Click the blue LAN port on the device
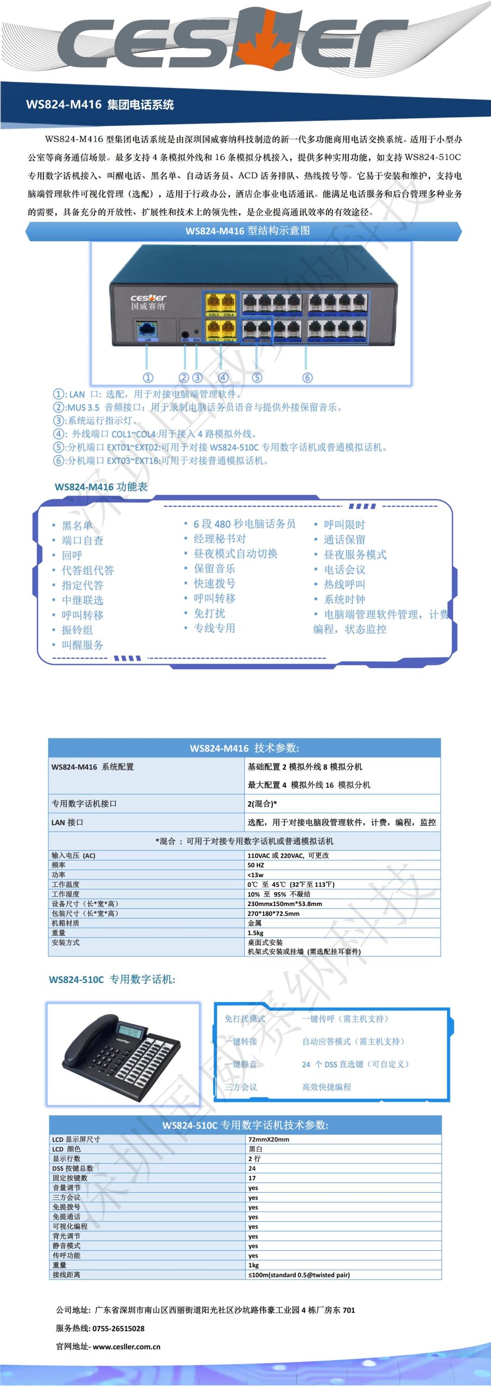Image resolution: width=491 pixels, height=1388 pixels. (x=147, y=329)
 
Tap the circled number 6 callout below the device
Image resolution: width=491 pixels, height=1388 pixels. (x=307, y=377)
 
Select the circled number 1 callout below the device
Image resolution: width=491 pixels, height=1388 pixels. (x=148, y=377)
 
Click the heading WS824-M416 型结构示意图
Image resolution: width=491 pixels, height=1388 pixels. (x=247, y=230)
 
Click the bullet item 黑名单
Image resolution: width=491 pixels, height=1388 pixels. (x=77, y=525)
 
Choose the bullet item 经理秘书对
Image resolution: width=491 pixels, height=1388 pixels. (x=220, y=538)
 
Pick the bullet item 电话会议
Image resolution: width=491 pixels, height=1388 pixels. (x=345, y=569)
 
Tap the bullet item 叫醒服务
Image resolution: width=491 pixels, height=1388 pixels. (x=82, y=645)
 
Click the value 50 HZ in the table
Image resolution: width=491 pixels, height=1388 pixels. (x=256, y=865)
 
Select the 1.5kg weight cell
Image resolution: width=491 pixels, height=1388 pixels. (x=256, y=933)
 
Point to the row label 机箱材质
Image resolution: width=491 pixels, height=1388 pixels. (x=65, y=923)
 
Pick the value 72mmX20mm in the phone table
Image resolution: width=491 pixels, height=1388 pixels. (x=269, y=1140)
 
